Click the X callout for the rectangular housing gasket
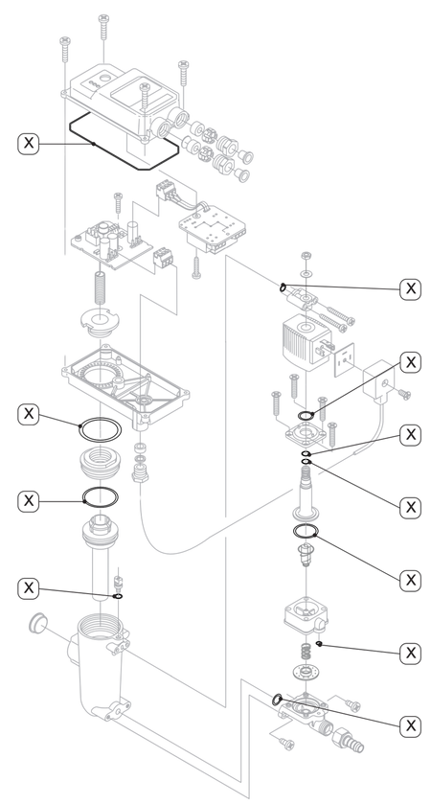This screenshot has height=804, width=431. (x=28, y=142)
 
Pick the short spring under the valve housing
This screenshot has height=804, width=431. (x=306, y=653)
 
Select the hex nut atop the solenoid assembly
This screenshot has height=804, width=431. (x=306, y=255)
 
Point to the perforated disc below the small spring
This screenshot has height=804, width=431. (x=306, y=671)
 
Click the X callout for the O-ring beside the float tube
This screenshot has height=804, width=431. (x=28, y=587)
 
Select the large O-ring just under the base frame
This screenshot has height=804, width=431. (x=100, y=429)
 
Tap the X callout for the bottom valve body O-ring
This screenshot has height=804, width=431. (x=410, y=725)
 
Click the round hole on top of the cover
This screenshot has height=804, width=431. (x=105, y=79)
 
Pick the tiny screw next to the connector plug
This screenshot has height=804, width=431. (x=405, y=394)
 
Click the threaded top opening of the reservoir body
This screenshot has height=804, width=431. (x=100, y=627)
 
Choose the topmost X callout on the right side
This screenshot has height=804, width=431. (x=410, y=288)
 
